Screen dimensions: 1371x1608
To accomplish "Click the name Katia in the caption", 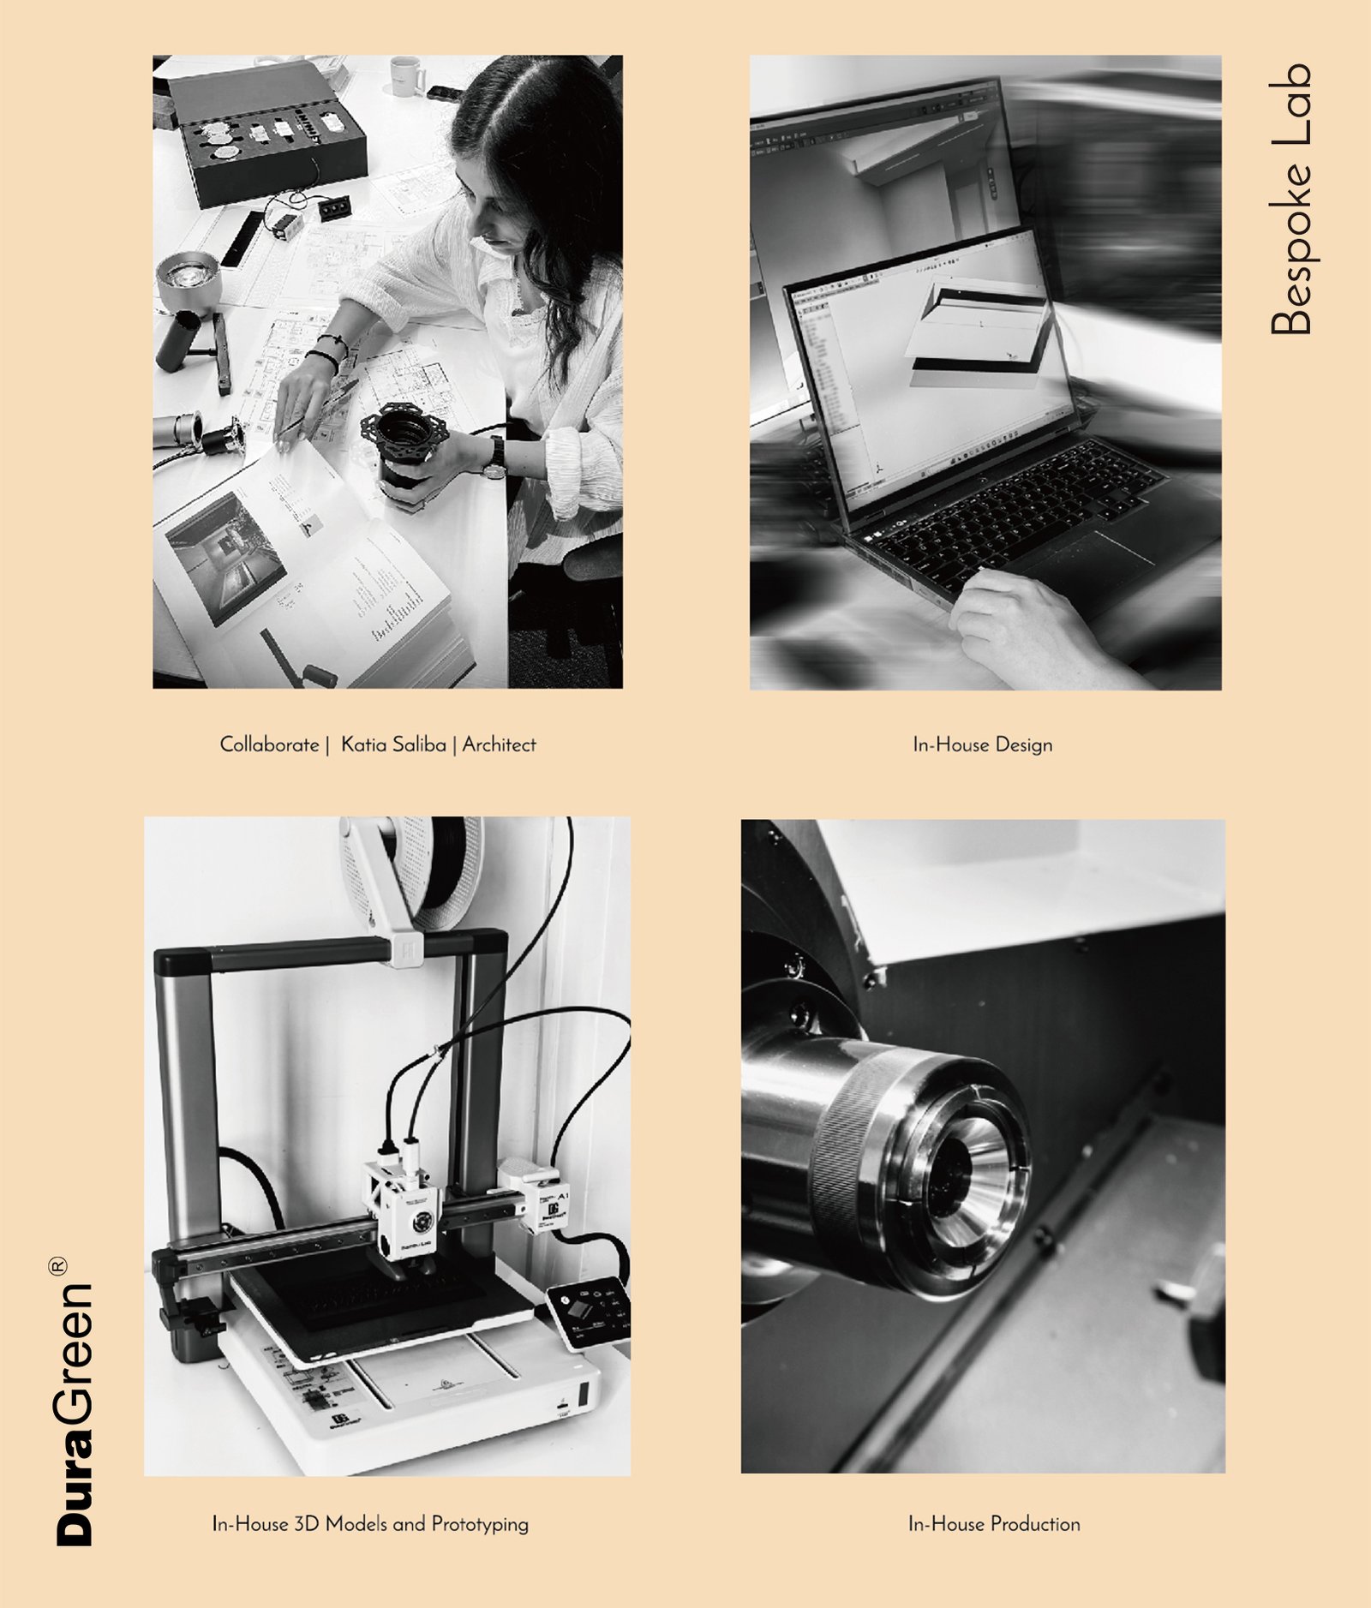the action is tap(360, 744).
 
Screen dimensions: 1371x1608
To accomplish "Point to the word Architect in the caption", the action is tap(500, 744).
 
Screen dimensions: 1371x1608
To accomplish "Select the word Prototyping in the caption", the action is tap(480, 1525).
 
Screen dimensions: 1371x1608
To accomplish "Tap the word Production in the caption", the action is tap(1036, 1524).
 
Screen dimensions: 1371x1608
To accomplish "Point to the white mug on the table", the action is tap(406, 75).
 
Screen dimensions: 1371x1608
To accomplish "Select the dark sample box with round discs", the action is tap(267, 134).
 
